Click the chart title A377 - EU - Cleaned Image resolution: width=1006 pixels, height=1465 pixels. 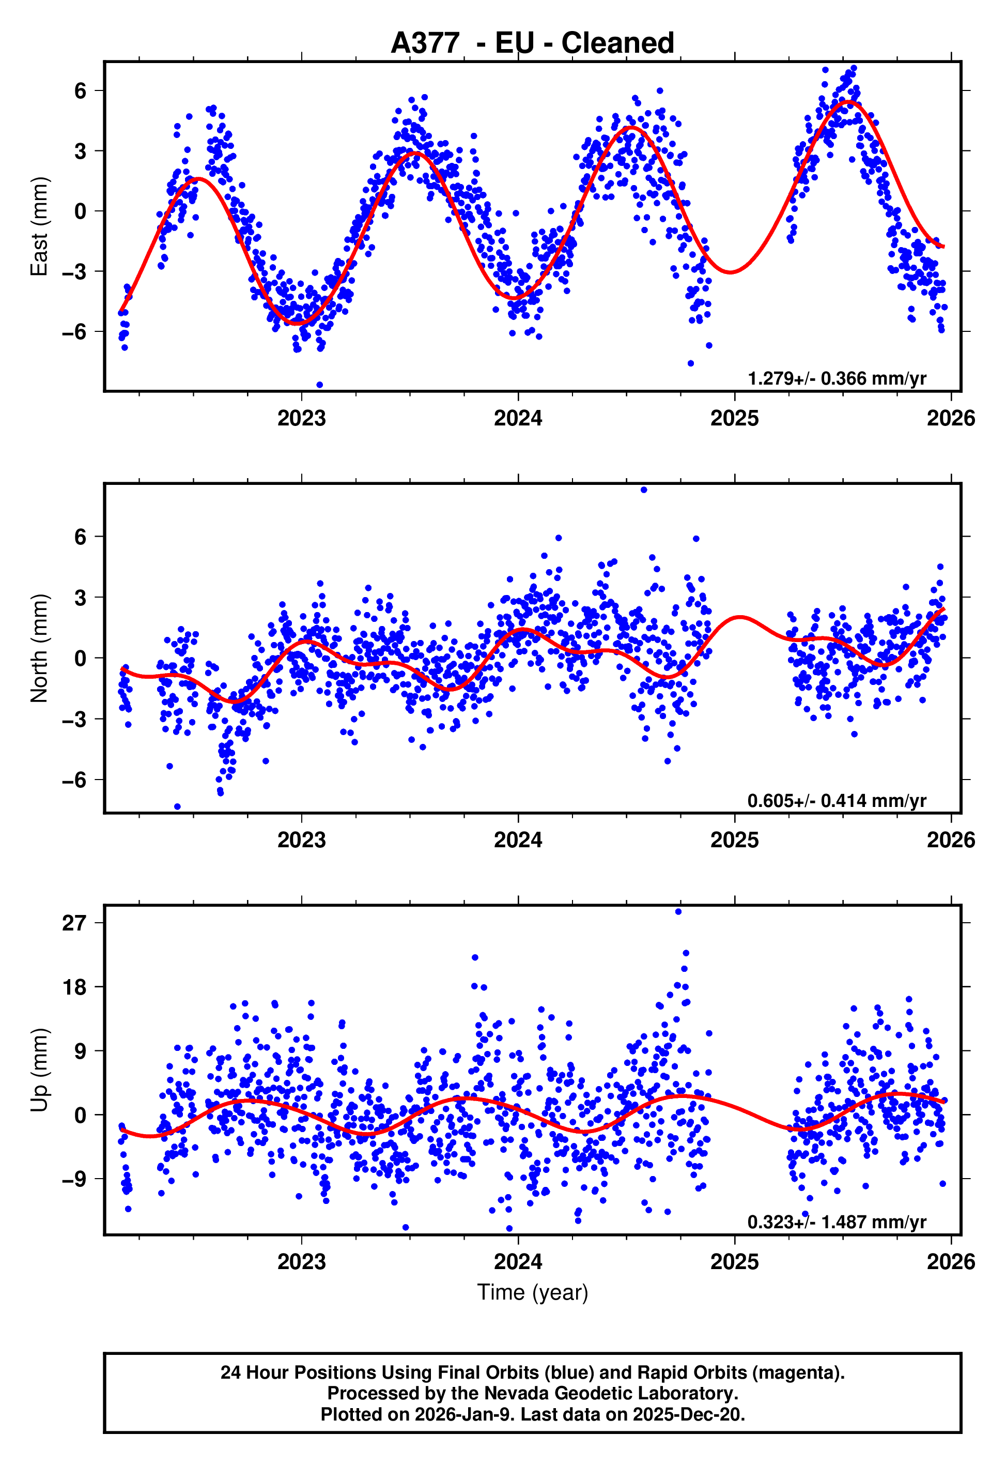532,43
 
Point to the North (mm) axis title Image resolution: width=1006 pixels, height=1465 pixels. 39,648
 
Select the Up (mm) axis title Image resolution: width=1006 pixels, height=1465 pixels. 39,1070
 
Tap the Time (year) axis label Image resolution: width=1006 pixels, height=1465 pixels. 532,1293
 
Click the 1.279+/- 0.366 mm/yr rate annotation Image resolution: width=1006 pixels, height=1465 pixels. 837,378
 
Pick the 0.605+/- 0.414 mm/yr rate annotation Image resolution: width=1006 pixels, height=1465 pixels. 837,800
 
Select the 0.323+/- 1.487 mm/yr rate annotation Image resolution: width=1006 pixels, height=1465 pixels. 837,1222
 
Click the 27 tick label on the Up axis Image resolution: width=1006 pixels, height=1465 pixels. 74,923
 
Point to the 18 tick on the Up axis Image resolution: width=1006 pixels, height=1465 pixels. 74,987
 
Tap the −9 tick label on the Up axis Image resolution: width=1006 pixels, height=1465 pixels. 74,1179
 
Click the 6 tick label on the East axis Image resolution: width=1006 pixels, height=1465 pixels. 80,91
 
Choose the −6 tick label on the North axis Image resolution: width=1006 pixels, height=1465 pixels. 74,780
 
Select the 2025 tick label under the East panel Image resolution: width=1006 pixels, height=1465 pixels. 734,418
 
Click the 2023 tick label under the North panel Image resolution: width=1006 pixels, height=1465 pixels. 301,840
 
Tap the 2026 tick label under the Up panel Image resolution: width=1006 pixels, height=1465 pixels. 951,1261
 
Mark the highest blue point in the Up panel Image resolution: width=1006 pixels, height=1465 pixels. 678,912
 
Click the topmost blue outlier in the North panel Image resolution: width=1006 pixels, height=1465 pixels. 644,490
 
